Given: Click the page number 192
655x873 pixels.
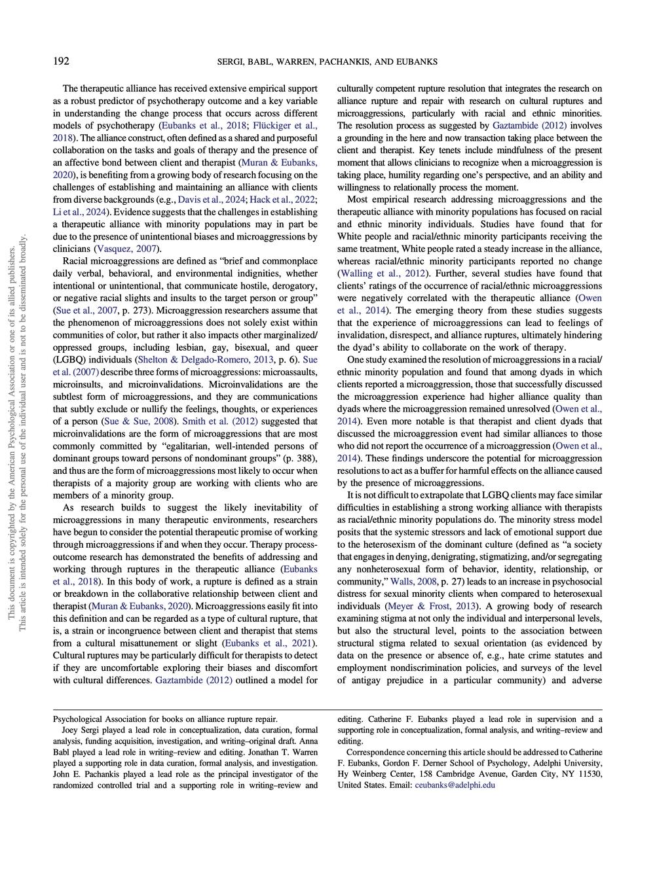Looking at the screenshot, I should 61,62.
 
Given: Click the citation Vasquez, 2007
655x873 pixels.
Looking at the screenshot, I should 126,249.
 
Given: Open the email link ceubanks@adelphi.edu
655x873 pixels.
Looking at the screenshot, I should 455,785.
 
